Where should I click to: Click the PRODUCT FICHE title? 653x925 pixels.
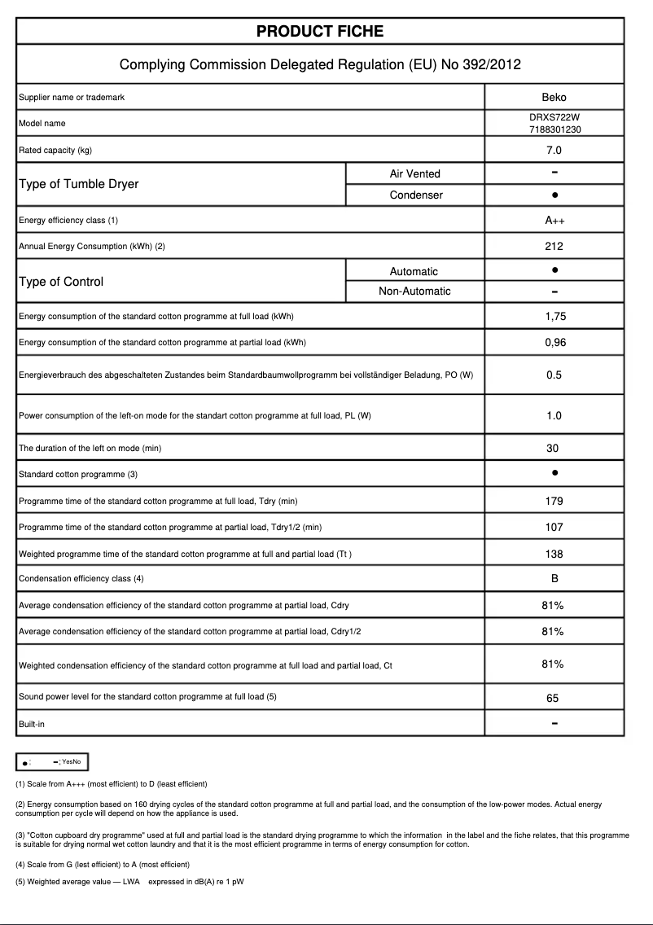click(x=320, y=32)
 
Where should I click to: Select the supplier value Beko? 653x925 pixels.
click(x=554, y=98)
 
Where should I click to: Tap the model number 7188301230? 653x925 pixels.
click(x=554, y=129)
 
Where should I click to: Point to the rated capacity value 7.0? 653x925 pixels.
click(x=554, y=150)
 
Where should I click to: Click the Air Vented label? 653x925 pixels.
click(x=414, y=173)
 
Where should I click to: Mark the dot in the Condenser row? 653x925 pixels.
click(x=554, y=195)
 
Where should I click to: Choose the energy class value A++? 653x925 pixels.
click(x=554, y=221)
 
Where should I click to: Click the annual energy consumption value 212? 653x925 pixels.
click(x=554, y=246)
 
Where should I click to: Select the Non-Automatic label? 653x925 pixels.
click(x=414, y=292)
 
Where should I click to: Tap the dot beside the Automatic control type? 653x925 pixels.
click(x=554, y=270)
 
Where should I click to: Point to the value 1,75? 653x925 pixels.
click(x=554, y=317)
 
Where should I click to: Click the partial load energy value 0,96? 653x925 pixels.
click(x=554, y=343)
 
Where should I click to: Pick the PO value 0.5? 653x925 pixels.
click(x=554, y=375)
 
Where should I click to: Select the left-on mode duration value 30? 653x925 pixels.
click(x=554, y=449)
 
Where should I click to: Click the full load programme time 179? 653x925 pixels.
click(x=554, y=502)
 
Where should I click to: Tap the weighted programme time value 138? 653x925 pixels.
click(x=554, y=555)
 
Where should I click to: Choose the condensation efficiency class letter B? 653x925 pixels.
click(x=554, y=579)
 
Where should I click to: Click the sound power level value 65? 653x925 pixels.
click(x=554, y=698)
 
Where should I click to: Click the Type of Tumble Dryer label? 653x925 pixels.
click(x=78, y=184)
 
